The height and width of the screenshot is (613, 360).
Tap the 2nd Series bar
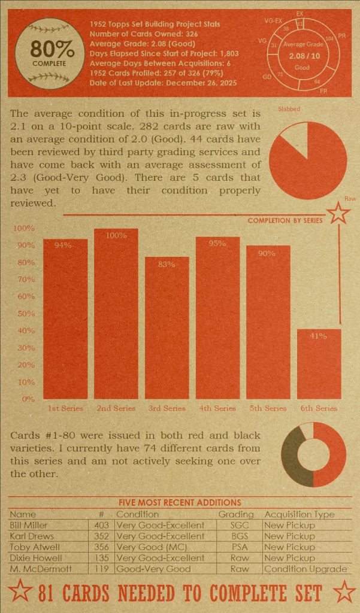pos(116,314)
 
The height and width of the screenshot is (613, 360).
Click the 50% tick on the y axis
pos(24,313)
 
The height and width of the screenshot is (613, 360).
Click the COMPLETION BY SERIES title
pos(285,220)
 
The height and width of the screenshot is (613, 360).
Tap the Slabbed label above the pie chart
pos(289,109)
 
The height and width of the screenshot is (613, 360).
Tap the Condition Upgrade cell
pos(305,569)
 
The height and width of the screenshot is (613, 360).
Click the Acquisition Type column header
pos(299,514)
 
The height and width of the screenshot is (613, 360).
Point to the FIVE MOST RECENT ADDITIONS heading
pos(180,503)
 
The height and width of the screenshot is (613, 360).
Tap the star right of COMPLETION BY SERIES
pos(338,213)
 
